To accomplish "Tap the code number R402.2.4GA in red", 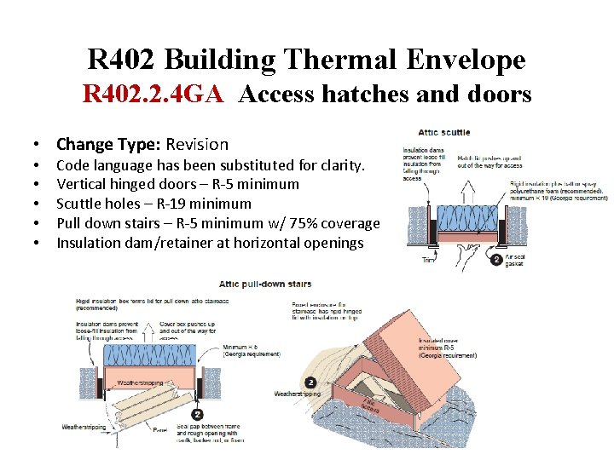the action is [x=153, y=94].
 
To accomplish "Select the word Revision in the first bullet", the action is [x=197, y=144].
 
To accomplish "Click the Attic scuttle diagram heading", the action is [x=444, y=132].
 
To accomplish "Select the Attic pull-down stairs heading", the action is [x=265, y=284].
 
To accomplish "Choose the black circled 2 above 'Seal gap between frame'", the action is [x=198, y=414].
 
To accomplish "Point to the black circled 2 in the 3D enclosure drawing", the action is [x=310, y=383].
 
